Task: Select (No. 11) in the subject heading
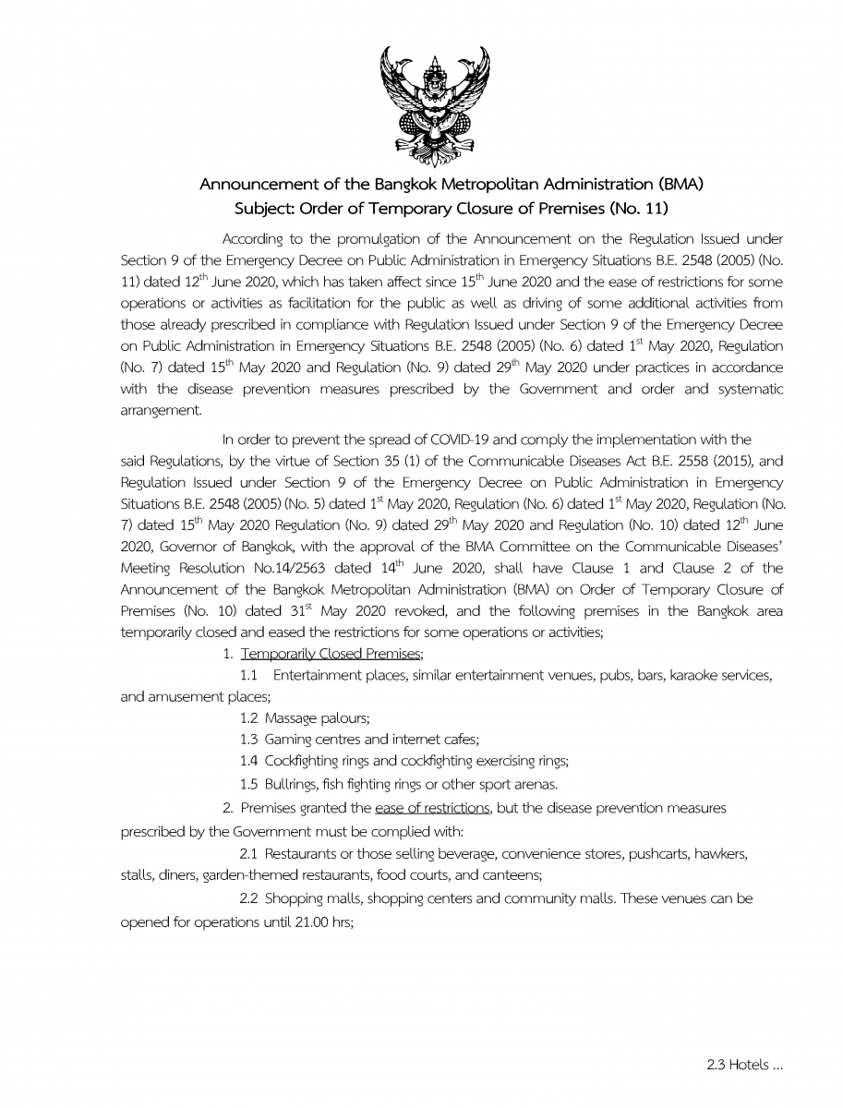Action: [636, 208]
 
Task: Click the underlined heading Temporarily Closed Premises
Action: [331, 654]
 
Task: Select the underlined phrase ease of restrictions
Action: [432, 808]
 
